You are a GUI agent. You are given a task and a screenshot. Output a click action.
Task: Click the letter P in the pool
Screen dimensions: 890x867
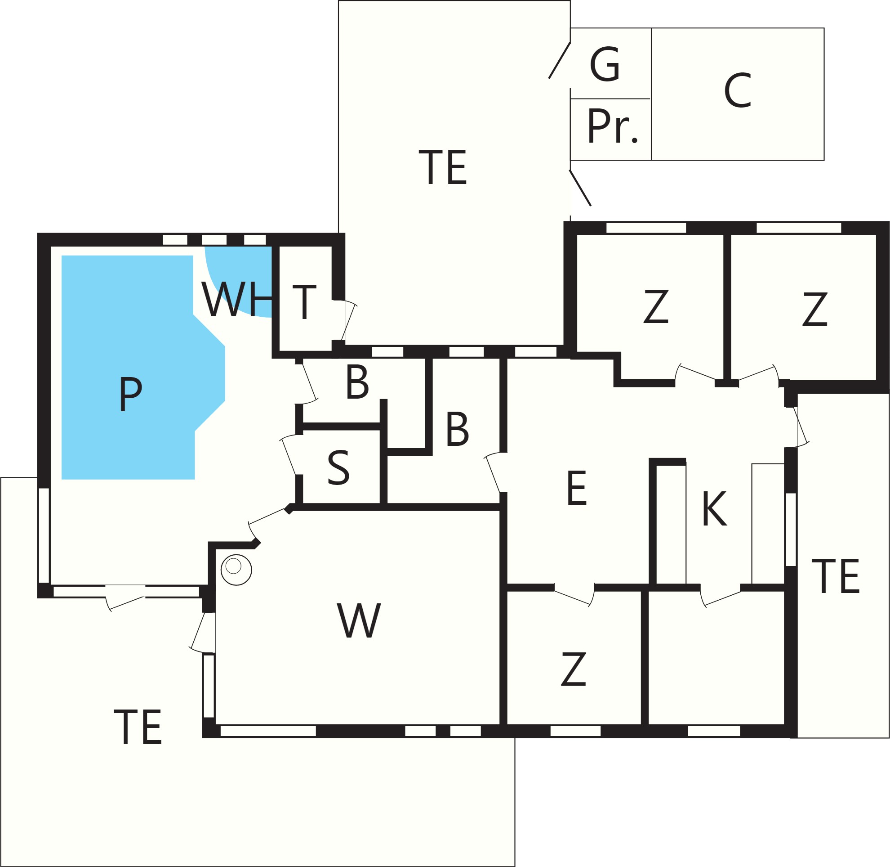coord(131,394)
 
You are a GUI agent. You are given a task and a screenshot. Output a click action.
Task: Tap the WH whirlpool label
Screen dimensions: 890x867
coord(237,299)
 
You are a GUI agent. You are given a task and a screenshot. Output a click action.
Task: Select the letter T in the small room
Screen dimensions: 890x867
coord(304,302)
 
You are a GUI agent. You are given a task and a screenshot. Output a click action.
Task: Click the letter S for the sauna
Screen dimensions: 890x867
coord(338,467)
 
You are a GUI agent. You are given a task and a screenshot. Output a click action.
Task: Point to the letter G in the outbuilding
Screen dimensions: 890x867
coord(605,64)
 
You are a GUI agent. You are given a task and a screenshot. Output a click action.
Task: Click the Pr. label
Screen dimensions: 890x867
coord(613,126)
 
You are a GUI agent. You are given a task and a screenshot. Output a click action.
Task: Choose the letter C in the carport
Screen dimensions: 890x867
coord(737,90)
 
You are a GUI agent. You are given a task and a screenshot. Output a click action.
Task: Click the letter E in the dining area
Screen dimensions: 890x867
coord(577,488)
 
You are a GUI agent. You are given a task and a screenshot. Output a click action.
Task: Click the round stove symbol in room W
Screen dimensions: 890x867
coord(236,570)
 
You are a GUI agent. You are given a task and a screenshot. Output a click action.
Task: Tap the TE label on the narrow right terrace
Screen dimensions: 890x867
coord(836,576)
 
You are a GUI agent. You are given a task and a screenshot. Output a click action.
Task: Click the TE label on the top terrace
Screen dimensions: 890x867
coord(443,167)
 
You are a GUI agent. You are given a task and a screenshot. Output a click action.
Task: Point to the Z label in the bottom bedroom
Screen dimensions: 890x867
coord(573,669)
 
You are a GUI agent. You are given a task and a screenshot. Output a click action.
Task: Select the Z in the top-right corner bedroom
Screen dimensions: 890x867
coord(814,309)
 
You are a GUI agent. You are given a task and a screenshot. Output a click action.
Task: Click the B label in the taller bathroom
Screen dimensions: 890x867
coord(457,429)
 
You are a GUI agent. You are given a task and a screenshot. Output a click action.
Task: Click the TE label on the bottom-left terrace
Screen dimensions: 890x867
coord(138,727)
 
